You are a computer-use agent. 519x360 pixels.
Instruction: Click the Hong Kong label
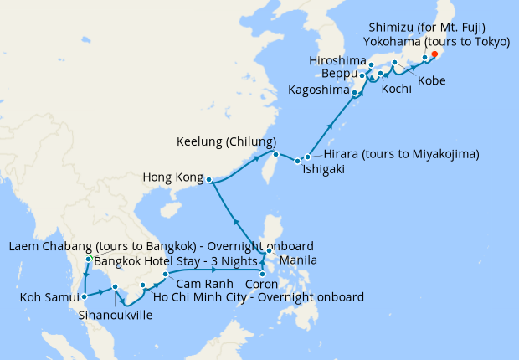tap(172, 178)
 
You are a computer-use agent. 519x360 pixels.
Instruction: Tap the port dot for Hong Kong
tap(208, 180)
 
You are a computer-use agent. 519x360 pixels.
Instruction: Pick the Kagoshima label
tap(319, 90)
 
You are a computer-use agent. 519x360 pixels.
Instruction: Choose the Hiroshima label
tap(338, 60)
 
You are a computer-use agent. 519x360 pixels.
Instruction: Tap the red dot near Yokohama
tap(434, 55)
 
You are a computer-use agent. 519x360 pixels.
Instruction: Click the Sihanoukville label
tap(116, 316)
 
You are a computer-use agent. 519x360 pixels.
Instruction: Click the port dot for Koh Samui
tap(85, 296)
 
